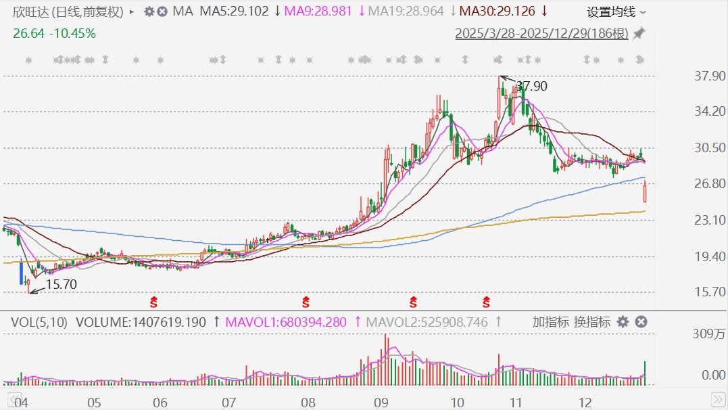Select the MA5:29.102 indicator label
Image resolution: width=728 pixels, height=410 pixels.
pyautogui.click(x=234, y=12)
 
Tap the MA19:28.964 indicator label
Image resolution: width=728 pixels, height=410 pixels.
pyautogui.click(x=406, y=12)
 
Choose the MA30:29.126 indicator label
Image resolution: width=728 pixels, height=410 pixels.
pyautogui.click(x=497, y=12)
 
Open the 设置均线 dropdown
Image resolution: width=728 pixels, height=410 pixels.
pyautogui.click(x=616, y=12)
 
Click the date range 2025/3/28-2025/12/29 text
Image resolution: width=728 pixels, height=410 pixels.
pyautogui.click(x=541, y=33)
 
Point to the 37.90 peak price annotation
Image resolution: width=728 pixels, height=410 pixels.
pyautogui.click(x=531, y=86)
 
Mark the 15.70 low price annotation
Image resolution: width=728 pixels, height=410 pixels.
pyautogui.click(x=61, y=284)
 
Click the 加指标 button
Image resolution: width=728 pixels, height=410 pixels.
pyautogui.click(x=550, y=322)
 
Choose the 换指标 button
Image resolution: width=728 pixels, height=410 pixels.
pyautogui.click(x=592, y=322)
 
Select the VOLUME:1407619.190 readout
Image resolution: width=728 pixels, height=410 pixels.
pyautogui.click(x=141, y=322)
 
